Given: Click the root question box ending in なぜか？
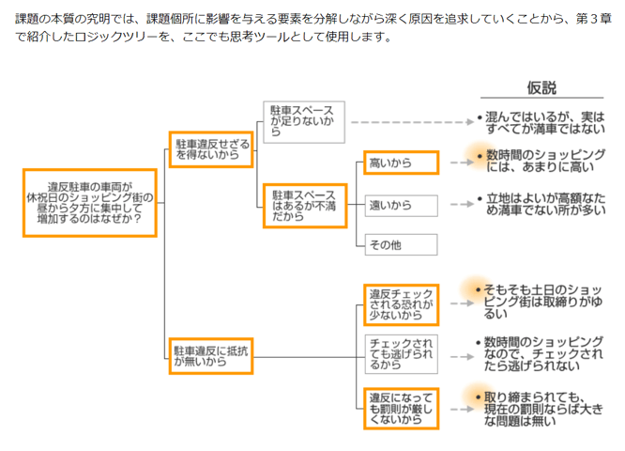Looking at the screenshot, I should (89, 203).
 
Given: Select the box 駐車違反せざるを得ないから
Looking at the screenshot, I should (211, 148).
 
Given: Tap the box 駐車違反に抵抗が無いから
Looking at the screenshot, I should (211, 355).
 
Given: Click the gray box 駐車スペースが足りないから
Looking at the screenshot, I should (304, 121).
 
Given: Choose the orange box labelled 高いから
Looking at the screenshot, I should (401, 163).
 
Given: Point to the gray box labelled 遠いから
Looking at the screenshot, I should (401, 204).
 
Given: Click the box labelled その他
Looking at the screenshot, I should (401, 244).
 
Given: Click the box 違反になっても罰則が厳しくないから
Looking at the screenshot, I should (401, 407).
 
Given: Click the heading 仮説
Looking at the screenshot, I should (541, 87).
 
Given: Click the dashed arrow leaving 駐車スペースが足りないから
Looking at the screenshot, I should (409, 121).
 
